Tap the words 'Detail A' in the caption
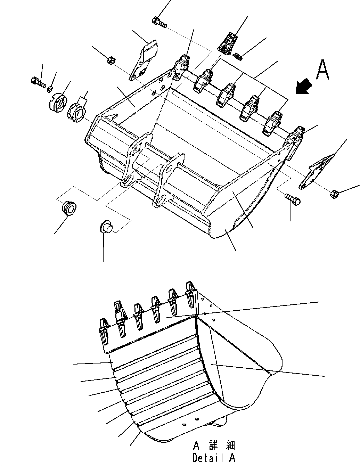click(214, 458)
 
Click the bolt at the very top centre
click(159, 22)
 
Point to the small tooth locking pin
click(238, 55)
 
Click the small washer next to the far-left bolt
click(50, 87)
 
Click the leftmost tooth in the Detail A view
click(104, 332)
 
